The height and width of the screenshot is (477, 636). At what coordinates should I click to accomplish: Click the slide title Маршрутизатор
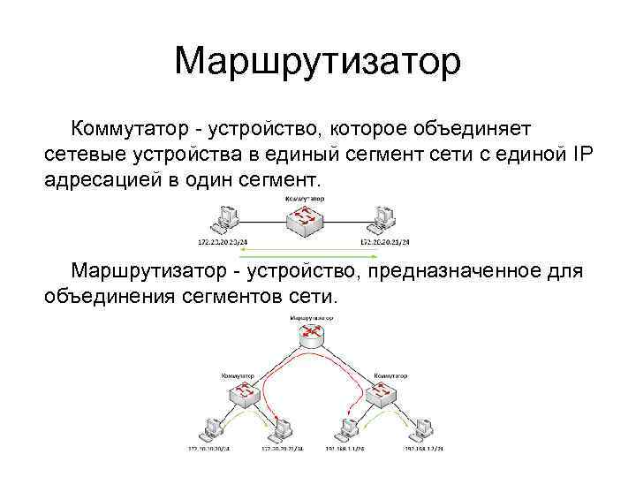pos(318,62)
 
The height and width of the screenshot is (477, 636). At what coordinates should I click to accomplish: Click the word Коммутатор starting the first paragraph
pos(132,130)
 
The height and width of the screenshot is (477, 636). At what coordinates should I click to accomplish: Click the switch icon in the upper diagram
pos(304,216)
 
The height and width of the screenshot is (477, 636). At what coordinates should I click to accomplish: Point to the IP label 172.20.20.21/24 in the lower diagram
pos(282,450)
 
